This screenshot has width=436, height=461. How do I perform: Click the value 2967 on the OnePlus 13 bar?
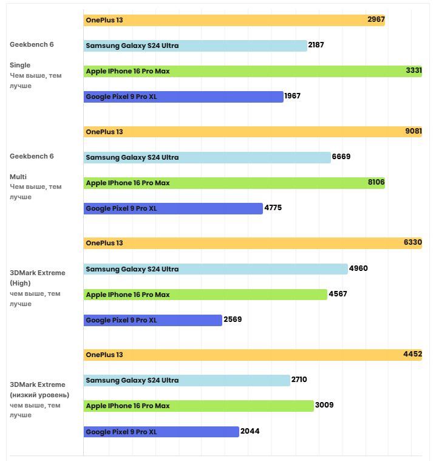point(376,20)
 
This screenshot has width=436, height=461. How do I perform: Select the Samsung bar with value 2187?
point(195,46)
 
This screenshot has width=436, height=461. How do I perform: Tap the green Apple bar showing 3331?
point(253,71)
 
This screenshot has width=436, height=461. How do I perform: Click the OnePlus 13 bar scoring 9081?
point(253,132)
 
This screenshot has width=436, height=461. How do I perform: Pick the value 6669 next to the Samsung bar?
point(341,157)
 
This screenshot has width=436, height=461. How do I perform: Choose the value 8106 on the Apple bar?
point(375,183)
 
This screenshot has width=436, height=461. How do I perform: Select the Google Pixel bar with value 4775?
point(173,208)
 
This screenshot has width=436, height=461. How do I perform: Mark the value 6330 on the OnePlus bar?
point(412,243)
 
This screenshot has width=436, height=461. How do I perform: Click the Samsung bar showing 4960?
point(216,269)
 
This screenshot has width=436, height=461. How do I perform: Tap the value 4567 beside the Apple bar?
point(338,295)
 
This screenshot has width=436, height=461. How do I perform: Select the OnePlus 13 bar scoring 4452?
point(253,355)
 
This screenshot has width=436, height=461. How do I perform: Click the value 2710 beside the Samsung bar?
point(299,380)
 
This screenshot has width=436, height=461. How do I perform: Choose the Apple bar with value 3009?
point(199,406)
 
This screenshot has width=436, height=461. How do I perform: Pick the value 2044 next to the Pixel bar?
point(250,431)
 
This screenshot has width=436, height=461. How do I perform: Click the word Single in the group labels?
point(20,65)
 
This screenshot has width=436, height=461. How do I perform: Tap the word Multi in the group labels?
point(18,177)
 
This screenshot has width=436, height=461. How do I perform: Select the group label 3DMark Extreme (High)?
point(37,278)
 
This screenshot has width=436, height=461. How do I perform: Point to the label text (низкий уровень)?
point(44,395)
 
